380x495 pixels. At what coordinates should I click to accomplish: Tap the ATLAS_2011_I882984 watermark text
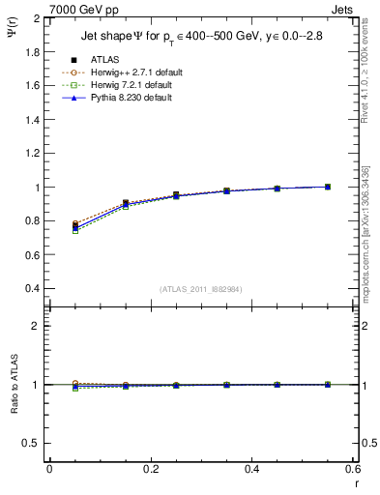click(201, 289)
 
